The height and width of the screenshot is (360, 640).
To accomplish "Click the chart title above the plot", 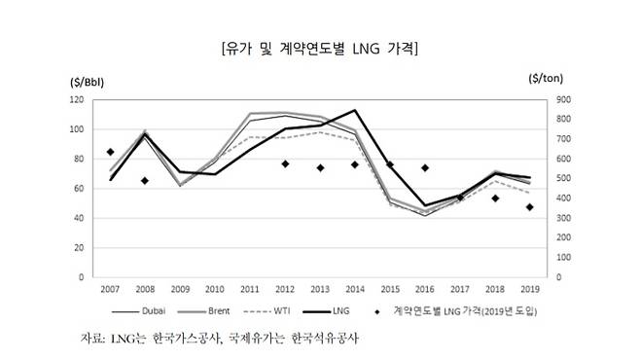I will (x=320, y=47).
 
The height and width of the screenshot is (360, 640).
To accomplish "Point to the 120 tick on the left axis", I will (x=76, y=99).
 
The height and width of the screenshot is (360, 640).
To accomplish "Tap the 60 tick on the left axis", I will (x=79, y=189).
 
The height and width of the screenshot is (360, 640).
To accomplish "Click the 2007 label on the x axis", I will (x=110, y=290).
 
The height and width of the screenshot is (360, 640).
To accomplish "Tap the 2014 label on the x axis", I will (x=355, y=290).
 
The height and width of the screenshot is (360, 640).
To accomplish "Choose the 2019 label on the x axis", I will (x=529, y=290).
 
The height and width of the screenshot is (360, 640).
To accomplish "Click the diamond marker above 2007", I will (x=110, y=152).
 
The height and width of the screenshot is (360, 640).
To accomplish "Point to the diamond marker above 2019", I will (x=529, y=207).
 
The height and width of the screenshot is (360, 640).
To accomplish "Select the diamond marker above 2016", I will (x=424, y=167).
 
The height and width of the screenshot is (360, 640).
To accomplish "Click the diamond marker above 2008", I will (x=145, y=180).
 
